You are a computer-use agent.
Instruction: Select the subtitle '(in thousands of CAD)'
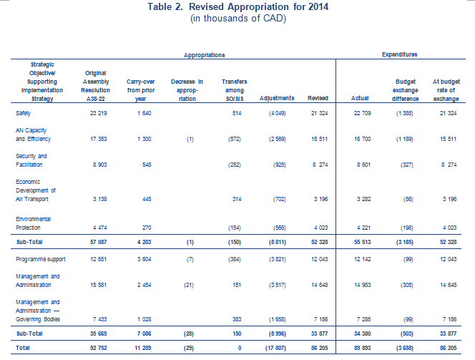[x=238, y=18]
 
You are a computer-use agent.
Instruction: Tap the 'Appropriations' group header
[x=204, y=55]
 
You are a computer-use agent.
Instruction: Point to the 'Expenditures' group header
[x=400, y=54]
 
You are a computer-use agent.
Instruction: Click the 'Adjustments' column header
[x=277, y=98]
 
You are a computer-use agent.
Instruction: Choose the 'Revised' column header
[x=318, y=98]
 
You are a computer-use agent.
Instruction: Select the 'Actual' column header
[x=360, y=98]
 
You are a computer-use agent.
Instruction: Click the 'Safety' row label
[x=24, y=113]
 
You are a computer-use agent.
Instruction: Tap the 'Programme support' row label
[x=41, y=259]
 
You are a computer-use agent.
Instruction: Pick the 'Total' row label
[x=23, y=348]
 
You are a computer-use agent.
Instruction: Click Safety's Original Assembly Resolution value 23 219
[x=99, y=113]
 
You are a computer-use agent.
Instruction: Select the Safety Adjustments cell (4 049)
[x=278, y=113]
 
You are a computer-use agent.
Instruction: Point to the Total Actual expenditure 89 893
[x=363, y=348]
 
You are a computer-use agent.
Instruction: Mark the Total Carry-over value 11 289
[x=142, y=348]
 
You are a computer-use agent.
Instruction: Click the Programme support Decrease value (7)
[x=190, y=259]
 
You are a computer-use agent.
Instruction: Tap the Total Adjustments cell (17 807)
[x=275, y=348]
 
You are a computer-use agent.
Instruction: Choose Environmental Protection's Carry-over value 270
[x=147, y=228]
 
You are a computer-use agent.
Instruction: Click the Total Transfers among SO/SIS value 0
[x=240, y=348]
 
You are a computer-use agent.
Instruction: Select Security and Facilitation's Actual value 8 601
[x=363, y=165]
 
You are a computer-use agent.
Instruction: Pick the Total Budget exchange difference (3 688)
[x=404, y=348]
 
